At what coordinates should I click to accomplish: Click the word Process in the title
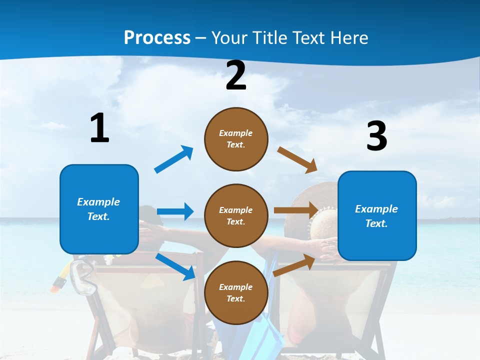(157, 38)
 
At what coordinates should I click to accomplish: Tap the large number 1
(99, 128)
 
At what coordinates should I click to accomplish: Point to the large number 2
(236, 75)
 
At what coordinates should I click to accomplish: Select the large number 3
(376, 136)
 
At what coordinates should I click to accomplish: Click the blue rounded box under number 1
(99, 209)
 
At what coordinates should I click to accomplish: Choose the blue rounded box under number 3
(377, 215)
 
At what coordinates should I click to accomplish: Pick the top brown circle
(236, 139)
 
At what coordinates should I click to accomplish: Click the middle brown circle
(236, 215)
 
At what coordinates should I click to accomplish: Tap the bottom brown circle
(236, 292)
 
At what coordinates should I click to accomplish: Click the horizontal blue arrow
(175, 211)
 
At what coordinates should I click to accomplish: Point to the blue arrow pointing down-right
(175, 266)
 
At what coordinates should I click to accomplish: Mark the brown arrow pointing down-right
(297, 160)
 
